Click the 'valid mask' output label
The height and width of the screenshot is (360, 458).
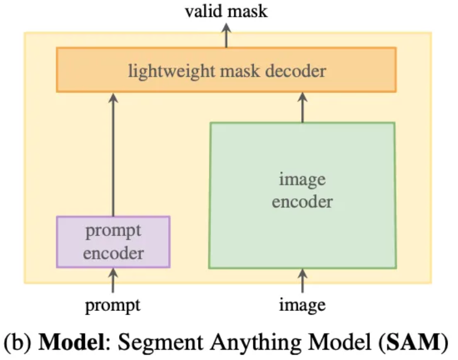tap(226, 10)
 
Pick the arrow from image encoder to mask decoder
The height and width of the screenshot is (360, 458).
tap(302, 107)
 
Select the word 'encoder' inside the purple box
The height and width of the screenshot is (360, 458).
tap(113, 253)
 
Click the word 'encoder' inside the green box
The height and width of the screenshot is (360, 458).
tap(302, 201)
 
